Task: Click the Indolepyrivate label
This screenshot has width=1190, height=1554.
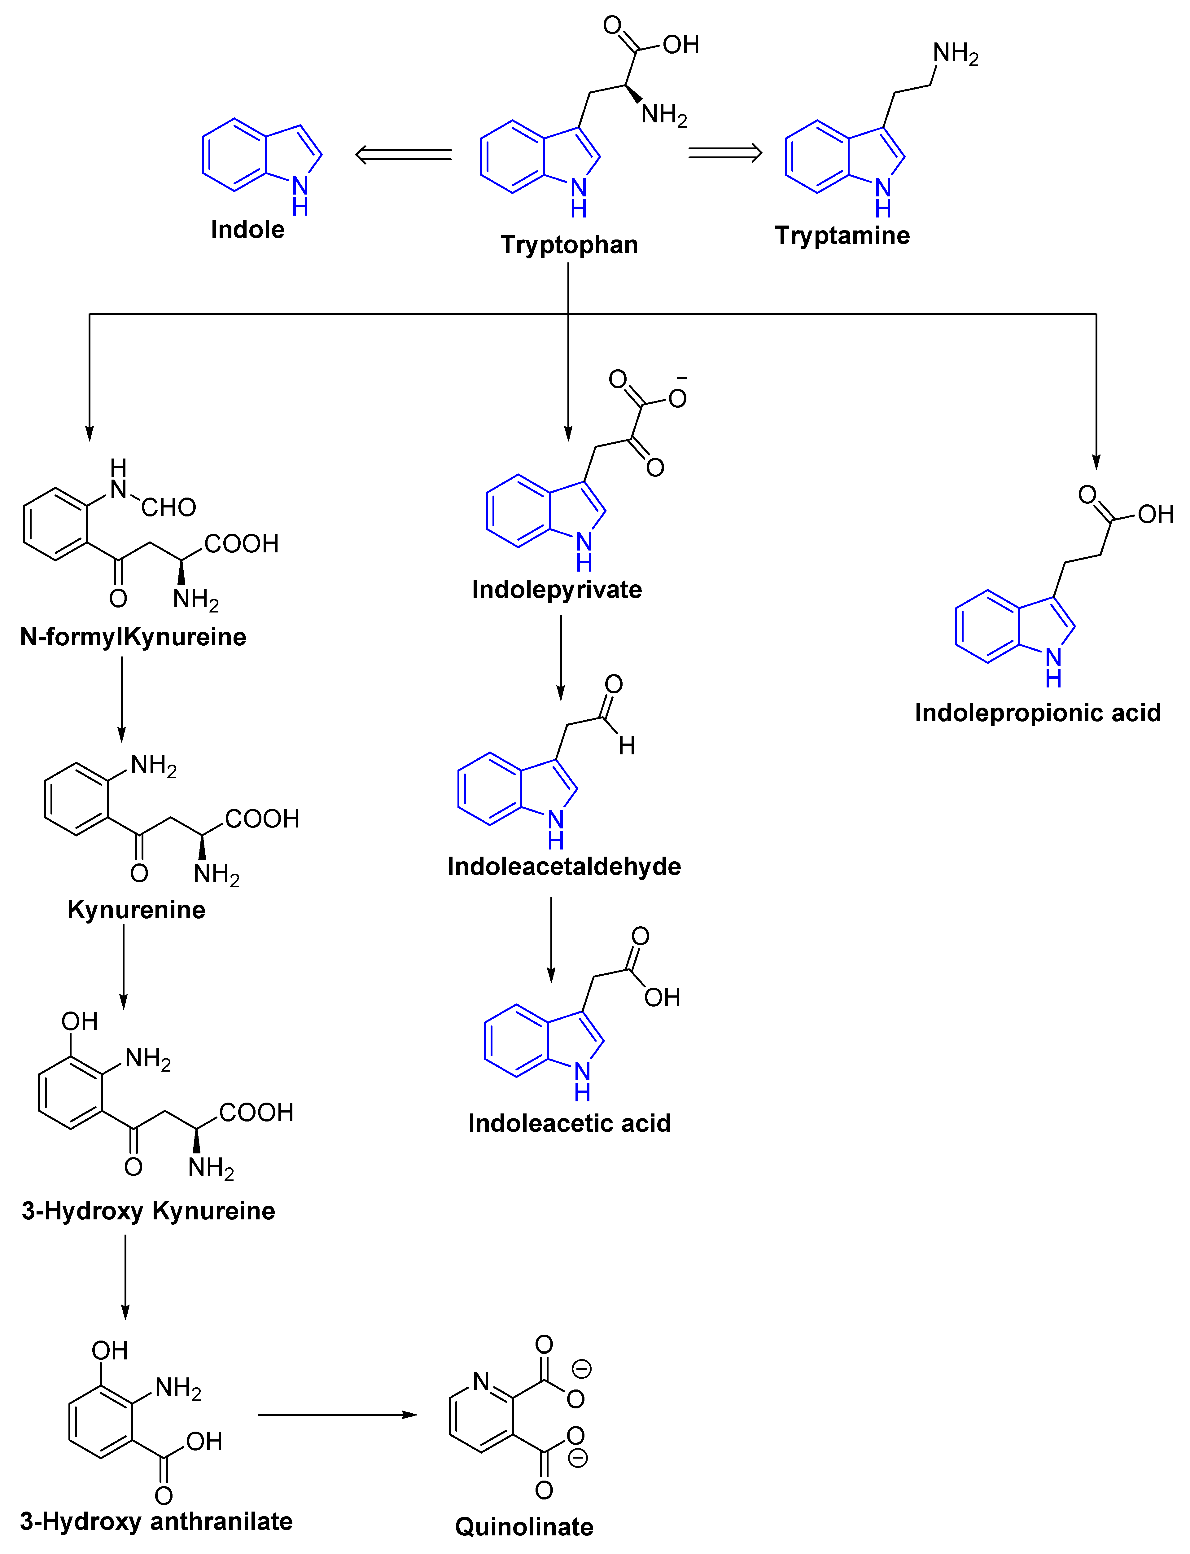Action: pyautogui.click(x=557, y=589)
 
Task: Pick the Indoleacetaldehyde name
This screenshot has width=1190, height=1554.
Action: pyautogui.click(x=564, y=866)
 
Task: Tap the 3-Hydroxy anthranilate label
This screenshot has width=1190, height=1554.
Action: pyautogui.click(x=156, y=1521)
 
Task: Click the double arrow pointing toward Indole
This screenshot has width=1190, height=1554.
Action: pyautogui.click(x=404, y=154)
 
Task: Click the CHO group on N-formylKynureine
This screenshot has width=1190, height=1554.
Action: pyautogui.click(x=168, y=507)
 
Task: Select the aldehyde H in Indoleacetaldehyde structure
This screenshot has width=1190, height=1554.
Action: pyautogui.click(x=627, y=745)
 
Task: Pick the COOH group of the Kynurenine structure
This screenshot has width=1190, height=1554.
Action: pyautogui.click(x=262, y=819)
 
